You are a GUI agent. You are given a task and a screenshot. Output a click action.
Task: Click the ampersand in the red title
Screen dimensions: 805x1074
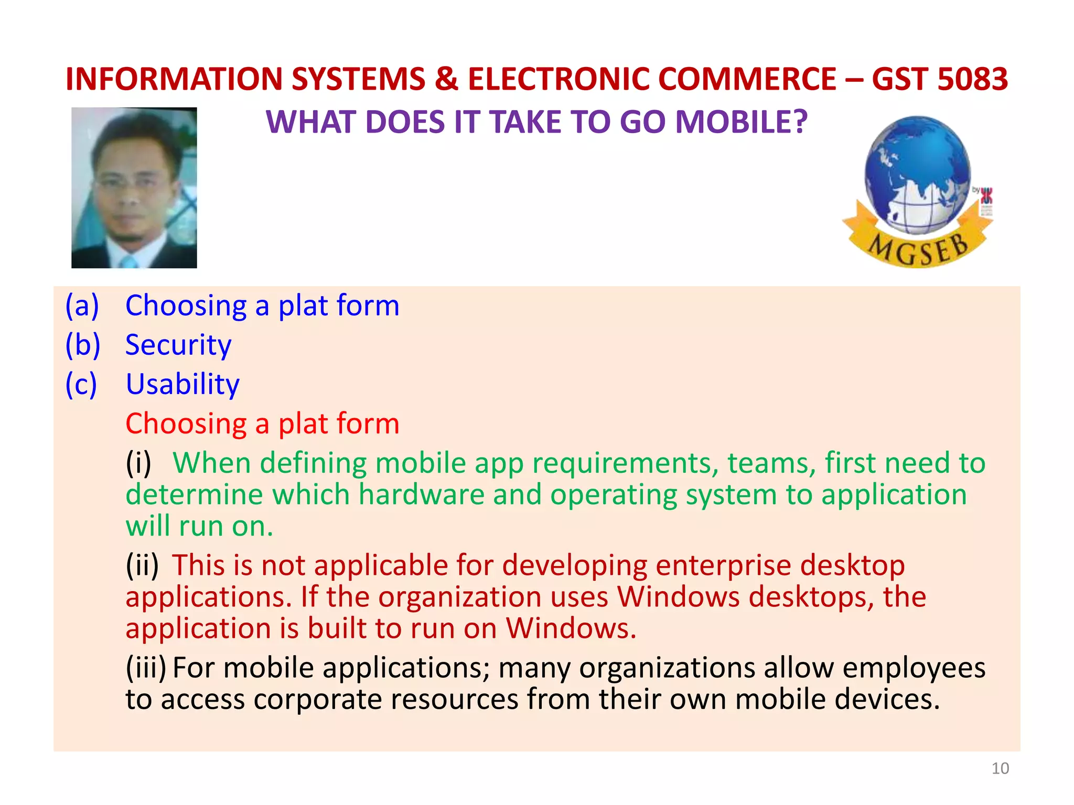446,79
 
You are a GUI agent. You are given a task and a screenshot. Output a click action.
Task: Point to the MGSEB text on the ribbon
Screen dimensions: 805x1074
918,249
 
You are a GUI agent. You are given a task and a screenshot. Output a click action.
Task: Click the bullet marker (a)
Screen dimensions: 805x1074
82,306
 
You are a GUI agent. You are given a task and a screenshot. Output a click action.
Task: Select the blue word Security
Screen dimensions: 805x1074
178,345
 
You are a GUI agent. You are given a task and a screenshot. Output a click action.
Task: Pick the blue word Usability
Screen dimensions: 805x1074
182,384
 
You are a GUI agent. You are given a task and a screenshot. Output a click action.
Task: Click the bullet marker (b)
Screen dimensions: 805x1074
82,345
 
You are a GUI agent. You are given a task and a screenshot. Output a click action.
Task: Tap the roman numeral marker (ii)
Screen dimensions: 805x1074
142,565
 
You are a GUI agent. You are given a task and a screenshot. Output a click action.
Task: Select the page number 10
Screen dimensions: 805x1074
1000,768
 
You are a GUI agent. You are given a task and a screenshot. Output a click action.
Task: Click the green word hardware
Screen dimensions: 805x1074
422,495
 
